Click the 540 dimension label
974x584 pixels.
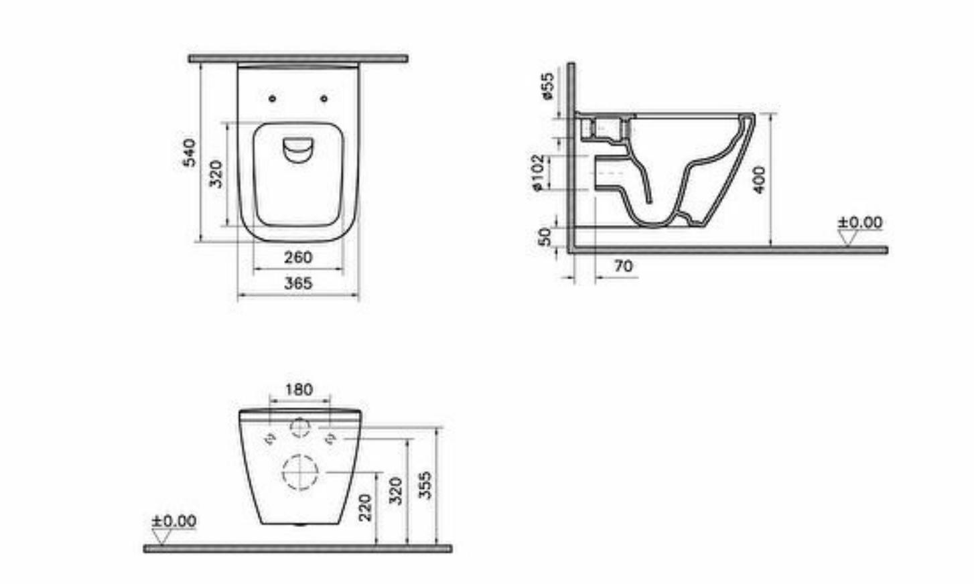[x=190, y=153]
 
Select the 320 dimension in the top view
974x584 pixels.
[x=216, y=173]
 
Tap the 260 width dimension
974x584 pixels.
[x=297, y=257]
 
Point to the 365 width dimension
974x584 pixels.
[x=297, y=283]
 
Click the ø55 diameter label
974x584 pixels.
[x=547, y=86]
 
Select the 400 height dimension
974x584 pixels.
[x=759, y=179]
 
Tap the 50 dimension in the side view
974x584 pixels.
[x=545, y=236]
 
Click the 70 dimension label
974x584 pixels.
[x=623, y=266]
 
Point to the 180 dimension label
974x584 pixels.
[x=299, y=389]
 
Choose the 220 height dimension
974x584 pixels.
[x=365, y=508]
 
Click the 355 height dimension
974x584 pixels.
[x=425, y=486]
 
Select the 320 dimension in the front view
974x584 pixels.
[x=396, y=491]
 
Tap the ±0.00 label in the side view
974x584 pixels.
[x=860, y=222]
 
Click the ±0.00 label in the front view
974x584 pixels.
[x=173, y=520]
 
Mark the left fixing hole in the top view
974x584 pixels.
[x=272, y=99]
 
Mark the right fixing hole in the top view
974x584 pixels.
[x=324, y=99]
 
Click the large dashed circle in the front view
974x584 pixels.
[x=299, y=472]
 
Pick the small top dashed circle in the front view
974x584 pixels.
[x=299, y=427]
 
